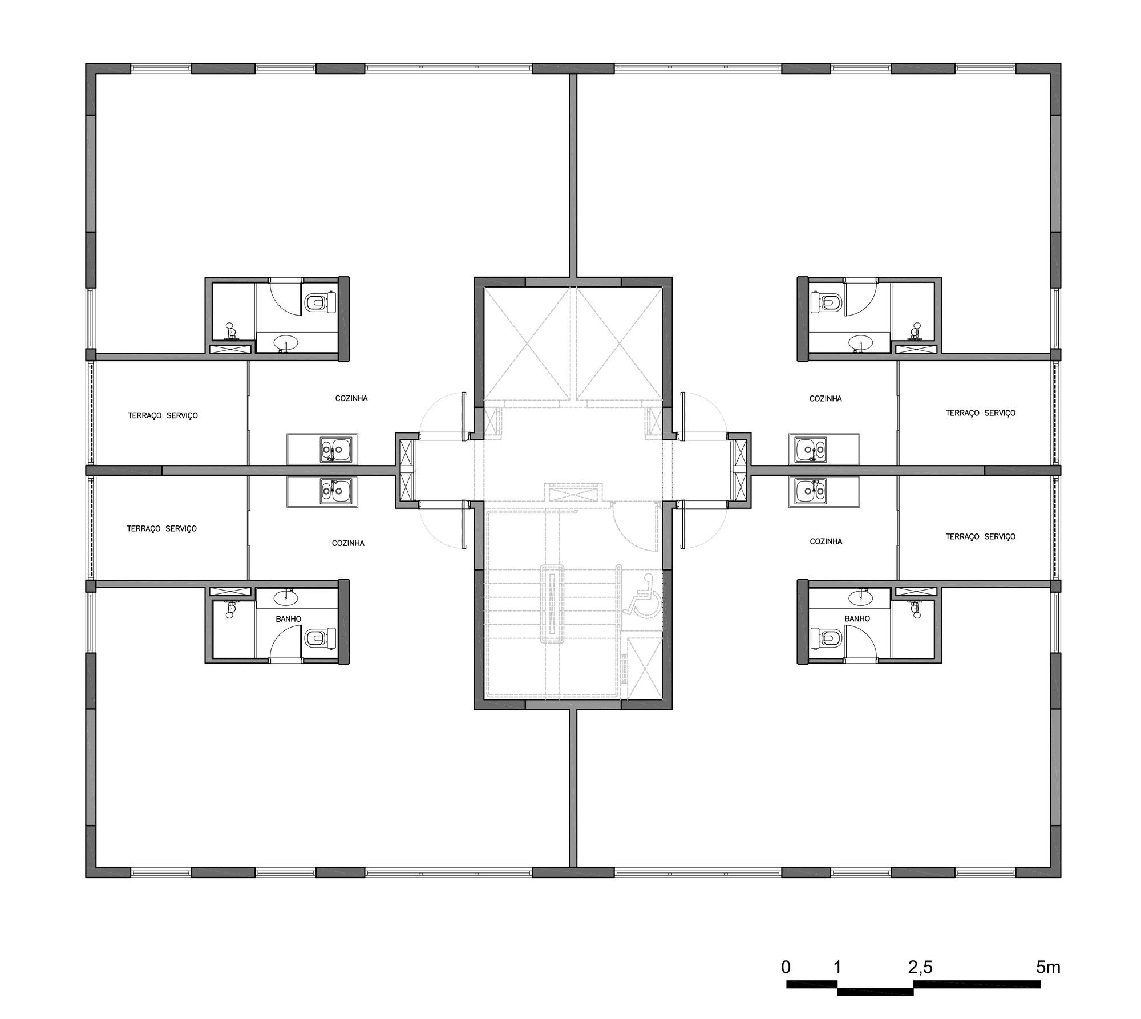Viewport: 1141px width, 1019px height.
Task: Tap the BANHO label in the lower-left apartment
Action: [288, 619]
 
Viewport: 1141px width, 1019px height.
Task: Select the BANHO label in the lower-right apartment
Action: [857, 618]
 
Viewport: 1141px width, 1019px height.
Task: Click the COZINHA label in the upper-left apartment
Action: [351, 398]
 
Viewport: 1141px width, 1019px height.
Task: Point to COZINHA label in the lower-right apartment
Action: [826, 541]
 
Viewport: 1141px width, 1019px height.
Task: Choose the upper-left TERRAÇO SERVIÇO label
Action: [163, 415]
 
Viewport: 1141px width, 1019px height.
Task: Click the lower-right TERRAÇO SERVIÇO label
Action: [980, 536]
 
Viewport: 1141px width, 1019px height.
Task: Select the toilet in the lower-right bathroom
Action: [826, 638]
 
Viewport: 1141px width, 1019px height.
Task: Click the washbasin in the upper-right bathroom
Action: [860, 342]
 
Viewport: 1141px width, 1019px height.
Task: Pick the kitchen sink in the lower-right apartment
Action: [810, 490]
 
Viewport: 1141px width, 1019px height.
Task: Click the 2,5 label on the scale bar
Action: [920, 967]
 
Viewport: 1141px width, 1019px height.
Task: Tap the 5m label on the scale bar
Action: [1048, 967]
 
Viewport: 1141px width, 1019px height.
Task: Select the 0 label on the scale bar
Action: [786, 967]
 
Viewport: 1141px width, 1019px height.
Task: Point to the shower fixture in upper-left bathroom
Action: [231, 331]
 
